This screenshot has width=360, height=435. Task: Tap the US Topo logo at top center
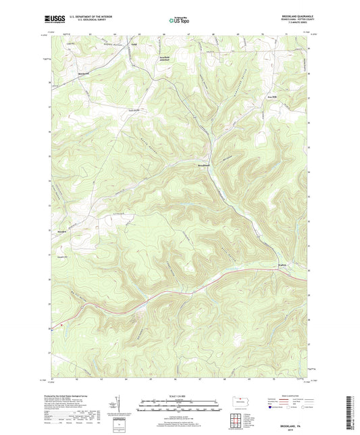(179, 21)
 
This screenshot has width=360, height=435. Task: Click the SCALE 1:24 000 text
(179, 396)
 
